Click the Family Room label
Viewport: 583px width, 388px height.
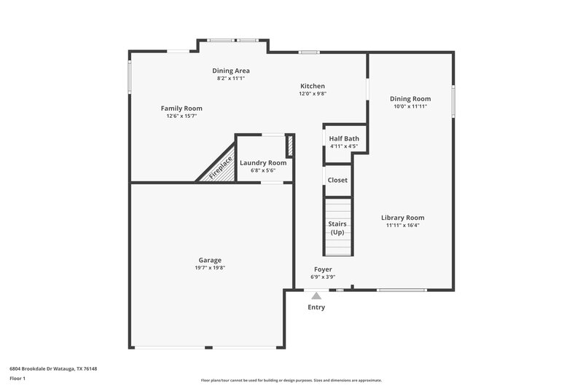(181, 108)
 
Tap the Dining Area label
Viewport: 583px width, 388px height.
(231, 71)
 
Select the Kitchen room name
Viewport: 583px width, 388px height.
(312, 86)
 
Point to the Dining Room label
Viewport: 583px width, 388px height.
(410, 99)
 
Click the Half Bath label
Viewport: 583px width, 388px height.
(343, 138)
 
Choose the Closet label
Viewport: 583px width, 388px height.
(337, 180)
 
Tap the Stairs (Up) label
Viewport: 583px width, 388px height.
(337, 228)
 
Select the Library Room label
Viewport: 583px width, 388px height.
(403, 218)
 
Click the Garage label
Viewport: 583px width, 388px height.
(210, 260)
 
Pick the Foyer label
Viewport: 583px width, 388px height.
(322, 269)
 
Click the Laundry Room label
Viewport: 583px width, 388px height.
(263, 162)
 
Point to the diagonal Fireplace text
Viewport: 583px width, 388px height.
(221, 167)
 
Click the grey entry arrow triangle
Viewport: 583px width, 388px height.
(316, 296)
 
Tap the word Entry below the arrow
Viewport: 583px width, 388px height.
(316, 307)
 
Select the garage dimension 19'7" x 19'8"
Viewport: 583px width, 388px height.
(210, 268)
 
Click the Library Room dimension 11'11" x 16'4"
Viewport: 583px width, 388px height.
(403, 226)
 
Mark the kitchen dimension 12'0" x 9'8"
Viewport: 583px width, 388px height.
(312, 94)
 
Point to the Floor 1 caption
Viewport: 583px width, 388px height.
(17, 379)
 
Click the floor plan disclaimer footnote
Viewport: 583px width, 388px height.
(291, 380)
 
